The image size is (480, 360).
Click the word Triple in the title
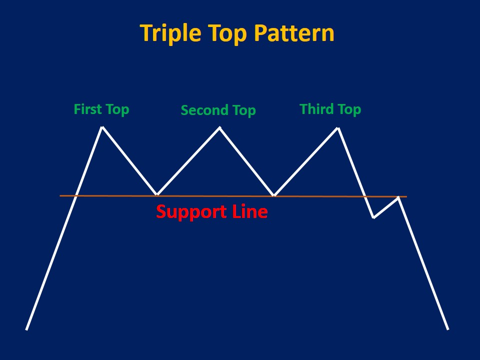pos(168,33)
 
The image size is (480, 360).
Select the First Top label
pos(101,109)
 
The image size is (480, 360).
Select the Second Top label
pos(218,110)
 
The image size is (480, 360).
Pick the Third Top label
pos(330,109)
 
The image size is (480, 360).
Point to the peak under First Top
pos(102,127)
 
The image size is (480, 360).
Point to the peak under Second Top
pos(219,127)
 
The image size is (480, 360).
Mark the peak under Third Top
pos(338,128)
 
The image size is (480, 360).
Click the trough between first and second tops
pos(157,194)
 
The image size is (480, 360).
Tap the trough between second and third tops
pos(274,195)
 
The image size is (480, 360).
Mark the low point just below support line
pos(373,217)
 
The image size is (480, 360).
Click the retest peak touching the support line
pos(398,197)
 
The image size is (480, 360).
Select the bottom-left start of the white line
pos(26,329)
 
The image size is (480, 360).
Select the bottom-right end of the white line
pos(448,329)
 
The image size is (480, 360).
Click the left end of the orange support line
pos(60,195)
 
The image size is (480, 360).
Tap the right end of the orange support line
pos(406,196)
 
